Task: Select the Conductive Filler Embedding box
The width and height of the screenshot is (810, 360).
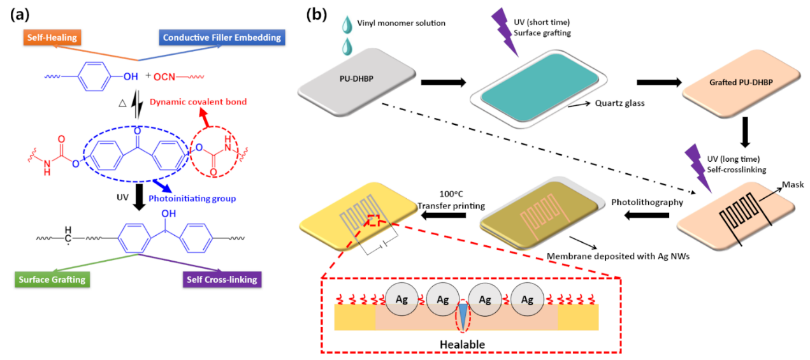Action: [x=222, y=38]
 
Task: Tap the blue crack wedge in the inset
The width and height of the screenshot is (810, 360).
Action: [x=463, y=315]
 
